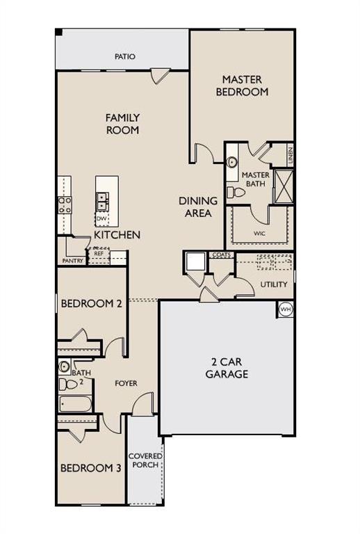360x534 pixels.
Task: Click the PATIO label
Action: coord(125,56)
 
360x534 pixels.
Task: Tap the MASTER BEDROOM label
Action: coord(242,86)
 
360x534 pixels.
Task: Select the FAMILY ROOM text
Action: coord(122,124)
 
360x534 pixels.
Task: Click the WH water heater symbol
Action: coord(286,309)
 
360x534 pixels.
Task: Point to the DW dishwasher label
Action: coord(101,218)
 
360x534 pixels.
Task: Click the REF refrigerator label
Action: coord(99,254)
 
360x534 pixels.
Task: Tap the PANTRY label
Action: coord(73,261)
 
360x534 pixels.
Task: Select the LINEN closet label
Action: coord(290,156)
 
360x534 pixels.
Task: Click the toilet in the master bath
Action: coord(236,193)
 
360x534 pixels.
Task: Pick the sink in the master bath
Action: coord(232,162)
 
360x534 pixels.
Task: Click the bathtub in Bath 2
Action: coord(75,403)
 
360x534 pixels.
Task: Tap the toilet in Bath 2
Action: coord(68,384)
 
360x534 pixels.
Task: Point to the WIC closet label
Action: coord(259,234)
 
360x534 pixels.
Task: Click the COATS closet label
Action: coord(222,254)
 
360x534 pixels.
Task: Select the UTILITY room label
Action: coord(274,284)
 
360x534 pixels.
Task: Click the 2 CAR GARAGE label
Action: coord(227,368)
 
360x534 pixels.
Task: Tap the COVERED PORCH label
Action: coord(145,460)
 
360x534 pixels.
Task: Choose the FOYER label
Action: coord(126,383)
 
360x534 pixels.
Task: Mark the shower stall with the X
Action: coord(284,186)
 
